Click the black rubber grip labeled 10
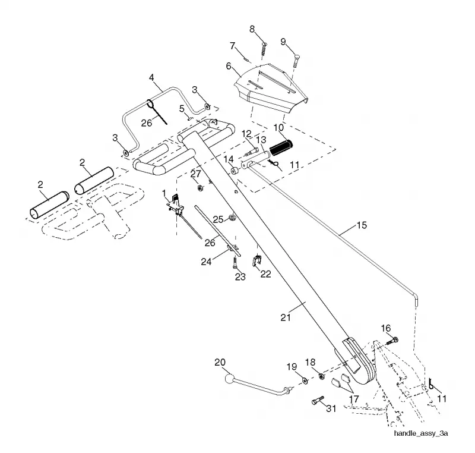point(280,147)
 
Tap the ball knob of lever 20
point(229,379)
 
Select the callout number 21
point(286,317)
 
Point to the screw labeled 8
point(264,49)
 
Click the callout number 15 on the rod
point(362,225)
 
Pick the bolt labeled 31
point(318,400)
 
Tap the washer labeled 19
point(305,381)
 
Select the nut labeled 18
point(321,376)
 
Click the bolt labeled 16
point(392,341)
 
